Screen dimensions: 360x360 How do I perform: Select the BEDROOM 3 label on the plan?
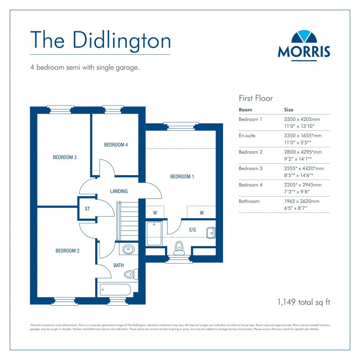[x=65, y=157]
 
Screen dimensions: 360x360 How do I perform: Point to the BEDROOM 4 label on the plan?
[x=116, y=145]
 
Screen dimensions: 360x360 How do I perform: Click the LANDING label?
[x=119, y=191]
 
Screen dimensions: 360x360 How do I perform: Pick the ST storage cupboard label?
[x=87, y=209]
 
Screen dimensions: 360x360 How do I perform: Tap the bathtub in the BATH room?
[x=115, y=289]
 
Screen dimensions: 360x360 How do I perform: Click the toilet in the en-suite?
[x=179, y=247]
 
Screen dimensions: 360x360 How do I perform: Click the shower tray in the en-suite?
[x=154, y=234]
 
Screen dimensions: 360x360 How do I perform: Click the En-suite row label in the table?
[x=247, y=136]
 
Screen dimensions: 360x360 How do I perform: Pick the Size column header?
[x=289, y=109]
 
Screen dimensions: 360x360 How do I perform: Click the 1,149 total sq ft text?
[x=304, y=302]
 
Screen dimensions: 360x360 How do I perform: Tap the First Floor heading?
[x=256, y=98]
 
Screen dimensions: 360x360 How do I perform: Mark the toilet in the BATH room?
[x=130, y=274]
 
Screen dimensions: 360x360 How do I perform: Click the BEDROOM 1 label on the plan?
[x=182, y=177]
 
